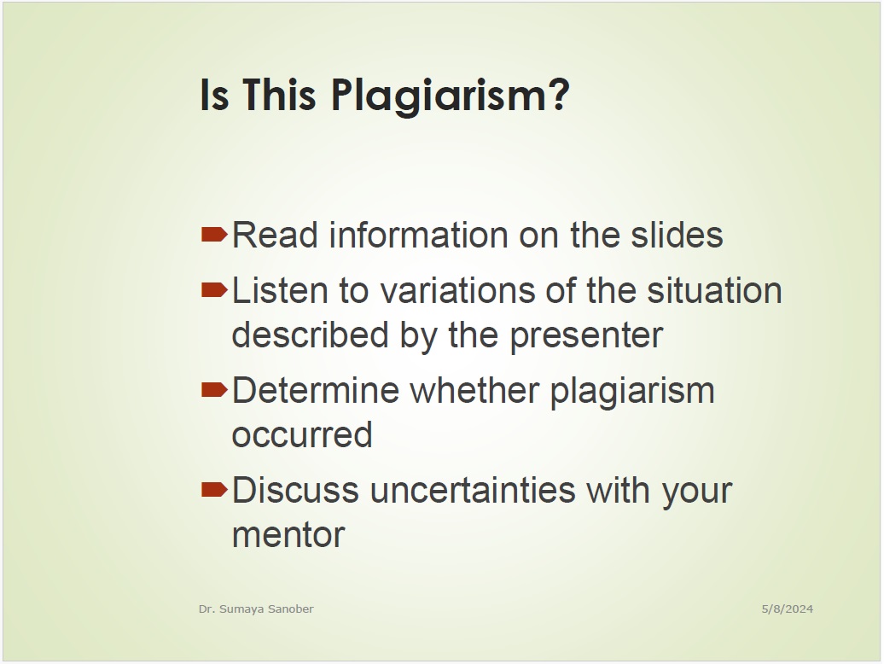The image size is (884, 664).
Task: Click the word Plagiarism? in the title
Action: coord(451,96)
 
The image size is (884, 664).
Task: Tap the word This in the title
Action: coord(279,94)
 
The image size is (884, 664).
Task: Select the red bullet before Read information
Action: coord(214,234)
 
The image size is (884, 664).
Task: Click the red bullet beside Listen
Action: coord(214,289)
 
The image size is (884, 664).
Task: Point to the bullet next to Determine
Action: coord(214,389)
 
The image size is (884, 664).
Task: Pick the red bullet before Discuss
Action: coord(214,489)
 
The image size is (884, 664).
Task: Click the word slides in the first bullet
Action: coord(677,235)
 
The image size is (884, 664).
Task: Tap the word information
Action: coord(419,235)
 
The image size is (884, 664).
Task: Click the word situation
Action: coord(714,290)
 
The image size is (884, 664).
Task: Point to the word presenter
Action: coord(586,335)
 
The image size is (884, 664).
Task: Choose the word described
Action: coord(310,335)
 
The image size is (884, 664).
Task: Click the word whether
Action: coord(474,390)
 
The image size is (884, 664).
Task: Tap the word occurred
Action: coord(302,435)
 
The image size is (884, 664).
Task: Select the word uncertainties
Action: coord(473,490)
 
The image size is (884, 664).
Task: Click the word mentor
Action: coord(288,535)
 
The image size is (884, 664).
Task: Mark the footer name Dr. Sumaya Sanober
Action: coord(256,609)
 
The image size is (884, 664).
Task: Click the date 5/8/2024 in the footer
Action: coord(787,609)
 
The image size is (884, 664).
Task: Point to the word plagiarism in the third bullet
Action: coord(632,391)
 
